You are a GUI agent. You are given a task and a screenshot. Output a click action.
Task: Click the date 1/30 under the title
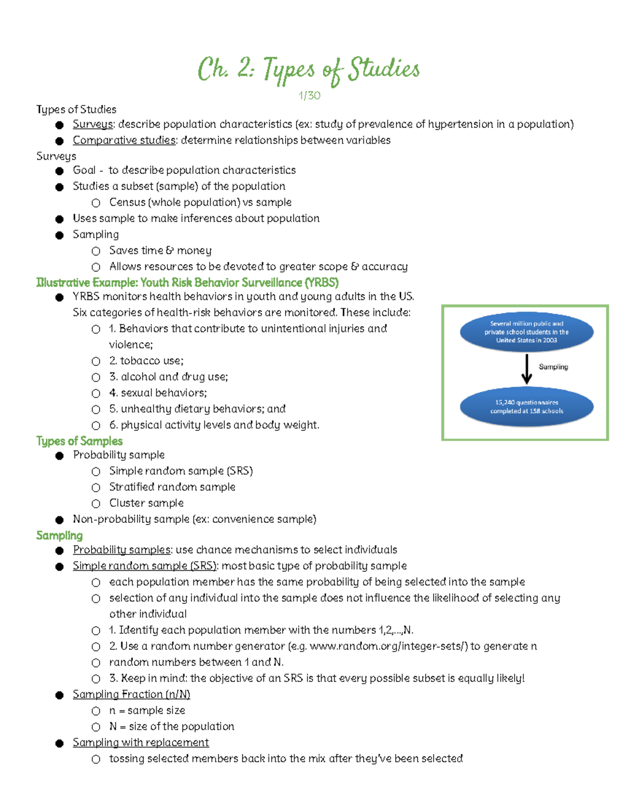309,96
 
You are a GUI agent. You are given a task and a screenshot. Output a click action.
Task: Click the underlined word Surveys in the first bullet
93,124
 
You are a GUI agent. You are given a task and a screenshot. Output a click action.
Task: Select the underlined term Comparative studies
124,140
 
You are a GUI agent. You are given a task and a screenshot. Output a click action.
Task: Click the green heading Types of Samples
79,441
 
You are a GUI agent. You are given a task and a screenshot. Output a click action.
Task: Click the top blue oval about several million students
526,332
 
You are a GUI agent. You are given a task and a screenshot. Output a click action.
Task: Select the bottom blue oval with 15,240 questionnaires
526,407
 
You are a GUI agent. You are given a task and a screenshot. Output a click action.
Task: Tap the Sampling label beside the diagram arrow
553,367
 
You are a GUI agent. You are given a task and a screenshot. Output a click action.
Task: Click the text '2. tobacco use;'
146,361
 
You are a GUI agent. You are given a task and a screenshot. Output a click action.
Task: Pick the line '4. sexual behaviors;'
158,393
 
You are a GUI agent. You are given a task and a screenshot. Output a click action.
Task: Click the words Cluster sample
146,503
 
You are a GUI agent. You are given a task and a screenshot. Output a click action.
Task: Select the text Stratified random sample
172,487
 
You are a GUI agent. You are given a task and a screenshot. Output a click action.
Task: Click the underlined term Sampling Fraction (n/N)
131,694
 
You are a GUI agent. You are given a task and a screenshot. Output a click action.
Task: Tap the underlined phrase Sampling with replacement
141,743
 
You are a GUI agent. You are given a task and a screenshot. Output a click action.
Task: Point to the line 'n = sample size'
147,710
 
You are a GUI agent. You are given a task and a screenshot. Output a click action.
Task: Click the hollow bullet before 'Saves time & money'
96,251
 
